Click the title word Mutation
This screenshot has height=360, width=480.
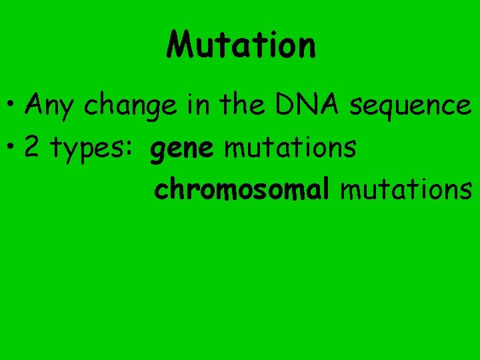241,45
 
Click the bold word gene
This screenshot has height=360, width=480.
182,151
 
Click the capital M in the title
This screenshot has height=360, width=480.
181,45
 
